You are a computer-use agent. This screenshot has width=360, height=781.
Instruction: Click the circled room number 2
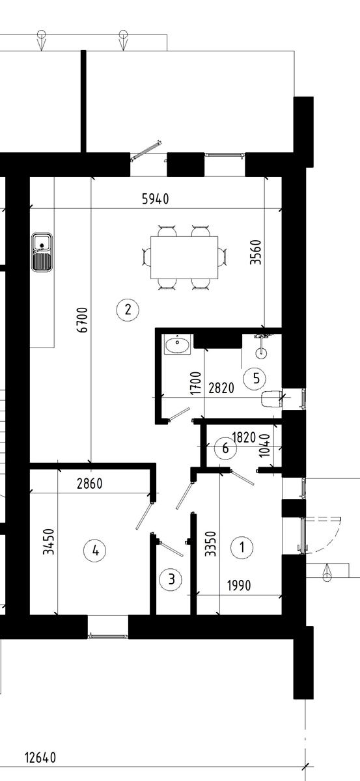pyautogui.click(x=128, y=309)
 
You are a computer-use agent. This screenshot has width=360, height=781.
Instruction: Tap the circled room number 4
pyautogui.click(x=95, y=551)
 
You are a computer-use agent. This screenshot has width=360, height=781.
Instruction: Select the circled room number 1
pyautogui.click(x=242, y=547)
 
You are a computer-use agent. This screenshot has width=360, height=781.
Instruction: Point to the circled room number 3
pyautogui.click(x=171, y=579)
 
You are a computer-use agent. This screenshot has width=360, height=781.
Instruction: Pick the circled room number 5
pyautogui.click(x=255, y=378)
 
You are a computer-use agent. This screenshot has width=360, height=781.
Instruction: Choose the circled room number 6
pyautogui.click(x=225, y=448)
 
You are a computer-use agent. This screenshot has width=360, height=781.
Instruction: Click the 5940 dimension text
pyautogui.click(x=156, y=199)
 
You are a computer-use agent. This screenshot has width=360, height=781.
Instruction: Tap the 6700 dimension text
pyautogui.click(x=82, y=320)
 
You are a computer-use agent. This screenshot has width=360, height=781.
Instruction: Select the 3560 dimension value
pyautogui.click(x=256, y=252)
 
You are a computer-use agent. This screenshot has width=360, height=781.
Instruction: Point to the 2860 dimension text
pyautogui.click(x=90, y=484)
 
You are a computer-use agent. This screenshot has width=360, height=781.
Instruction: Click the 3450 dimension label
pyautogui.click(x=48, y=541)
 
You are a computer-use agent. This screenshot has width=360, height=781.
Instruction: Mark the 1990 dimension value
pyautogui.click(x=239, y=585)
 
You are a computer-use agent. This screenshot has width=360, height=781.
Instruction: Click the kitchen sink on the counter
pyautogui.click(x=42, y=252)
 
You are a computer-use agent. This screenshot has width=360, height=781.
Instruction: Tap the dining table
pyautogui.click(x=184, y=257)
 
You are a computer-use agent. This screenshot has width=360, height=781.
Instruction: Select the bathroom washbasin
pyautogui.click(x=178, y=344)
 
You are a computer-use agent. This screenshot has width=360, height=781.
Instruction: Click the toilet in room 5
pyautogui.click(x=271, y=399)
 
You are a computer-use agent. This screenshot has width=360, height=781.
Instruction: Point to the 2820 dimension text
pyautogui.click(x=221, y=388)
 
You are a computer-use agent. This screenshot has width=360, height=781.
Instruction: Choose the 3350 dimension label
pyautogui.click(x=211, y=543)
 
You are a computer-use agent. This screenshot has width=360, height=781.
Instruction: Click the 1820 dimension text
pyautogui.click(x=244, y=437)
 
